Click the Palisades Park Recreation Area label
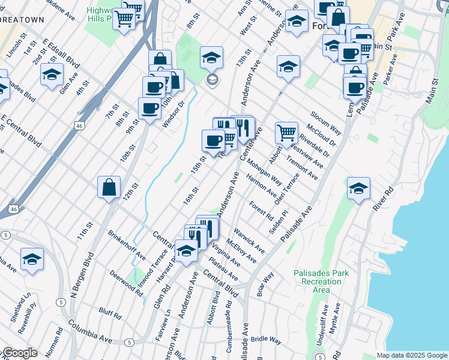tap(321, 281)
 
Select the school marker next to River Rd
tap(358, 190)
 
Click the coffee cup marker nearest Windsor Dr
tap(149, 109)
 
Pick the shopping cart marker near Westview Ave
tap(286, 132)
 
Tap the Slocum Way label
tap(326, 122)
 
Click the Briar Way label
tap(265, 284)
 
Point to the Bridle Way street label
tap(267, 340)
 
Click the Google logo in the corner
tap(19, 353)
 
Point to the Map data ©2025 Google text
tap(411, 355)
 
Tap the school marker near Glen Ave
tap(52, 74)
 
